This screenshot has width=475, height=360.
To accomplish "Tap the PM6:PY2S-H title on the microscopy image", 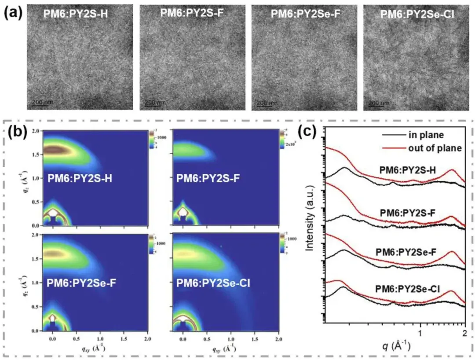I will (75, 13).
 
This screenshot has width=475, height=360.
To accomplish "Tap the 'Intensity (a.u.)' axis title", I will (311, 227).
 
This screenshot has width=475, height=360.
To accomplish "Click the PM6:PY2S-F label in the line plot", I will (407, 213).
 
